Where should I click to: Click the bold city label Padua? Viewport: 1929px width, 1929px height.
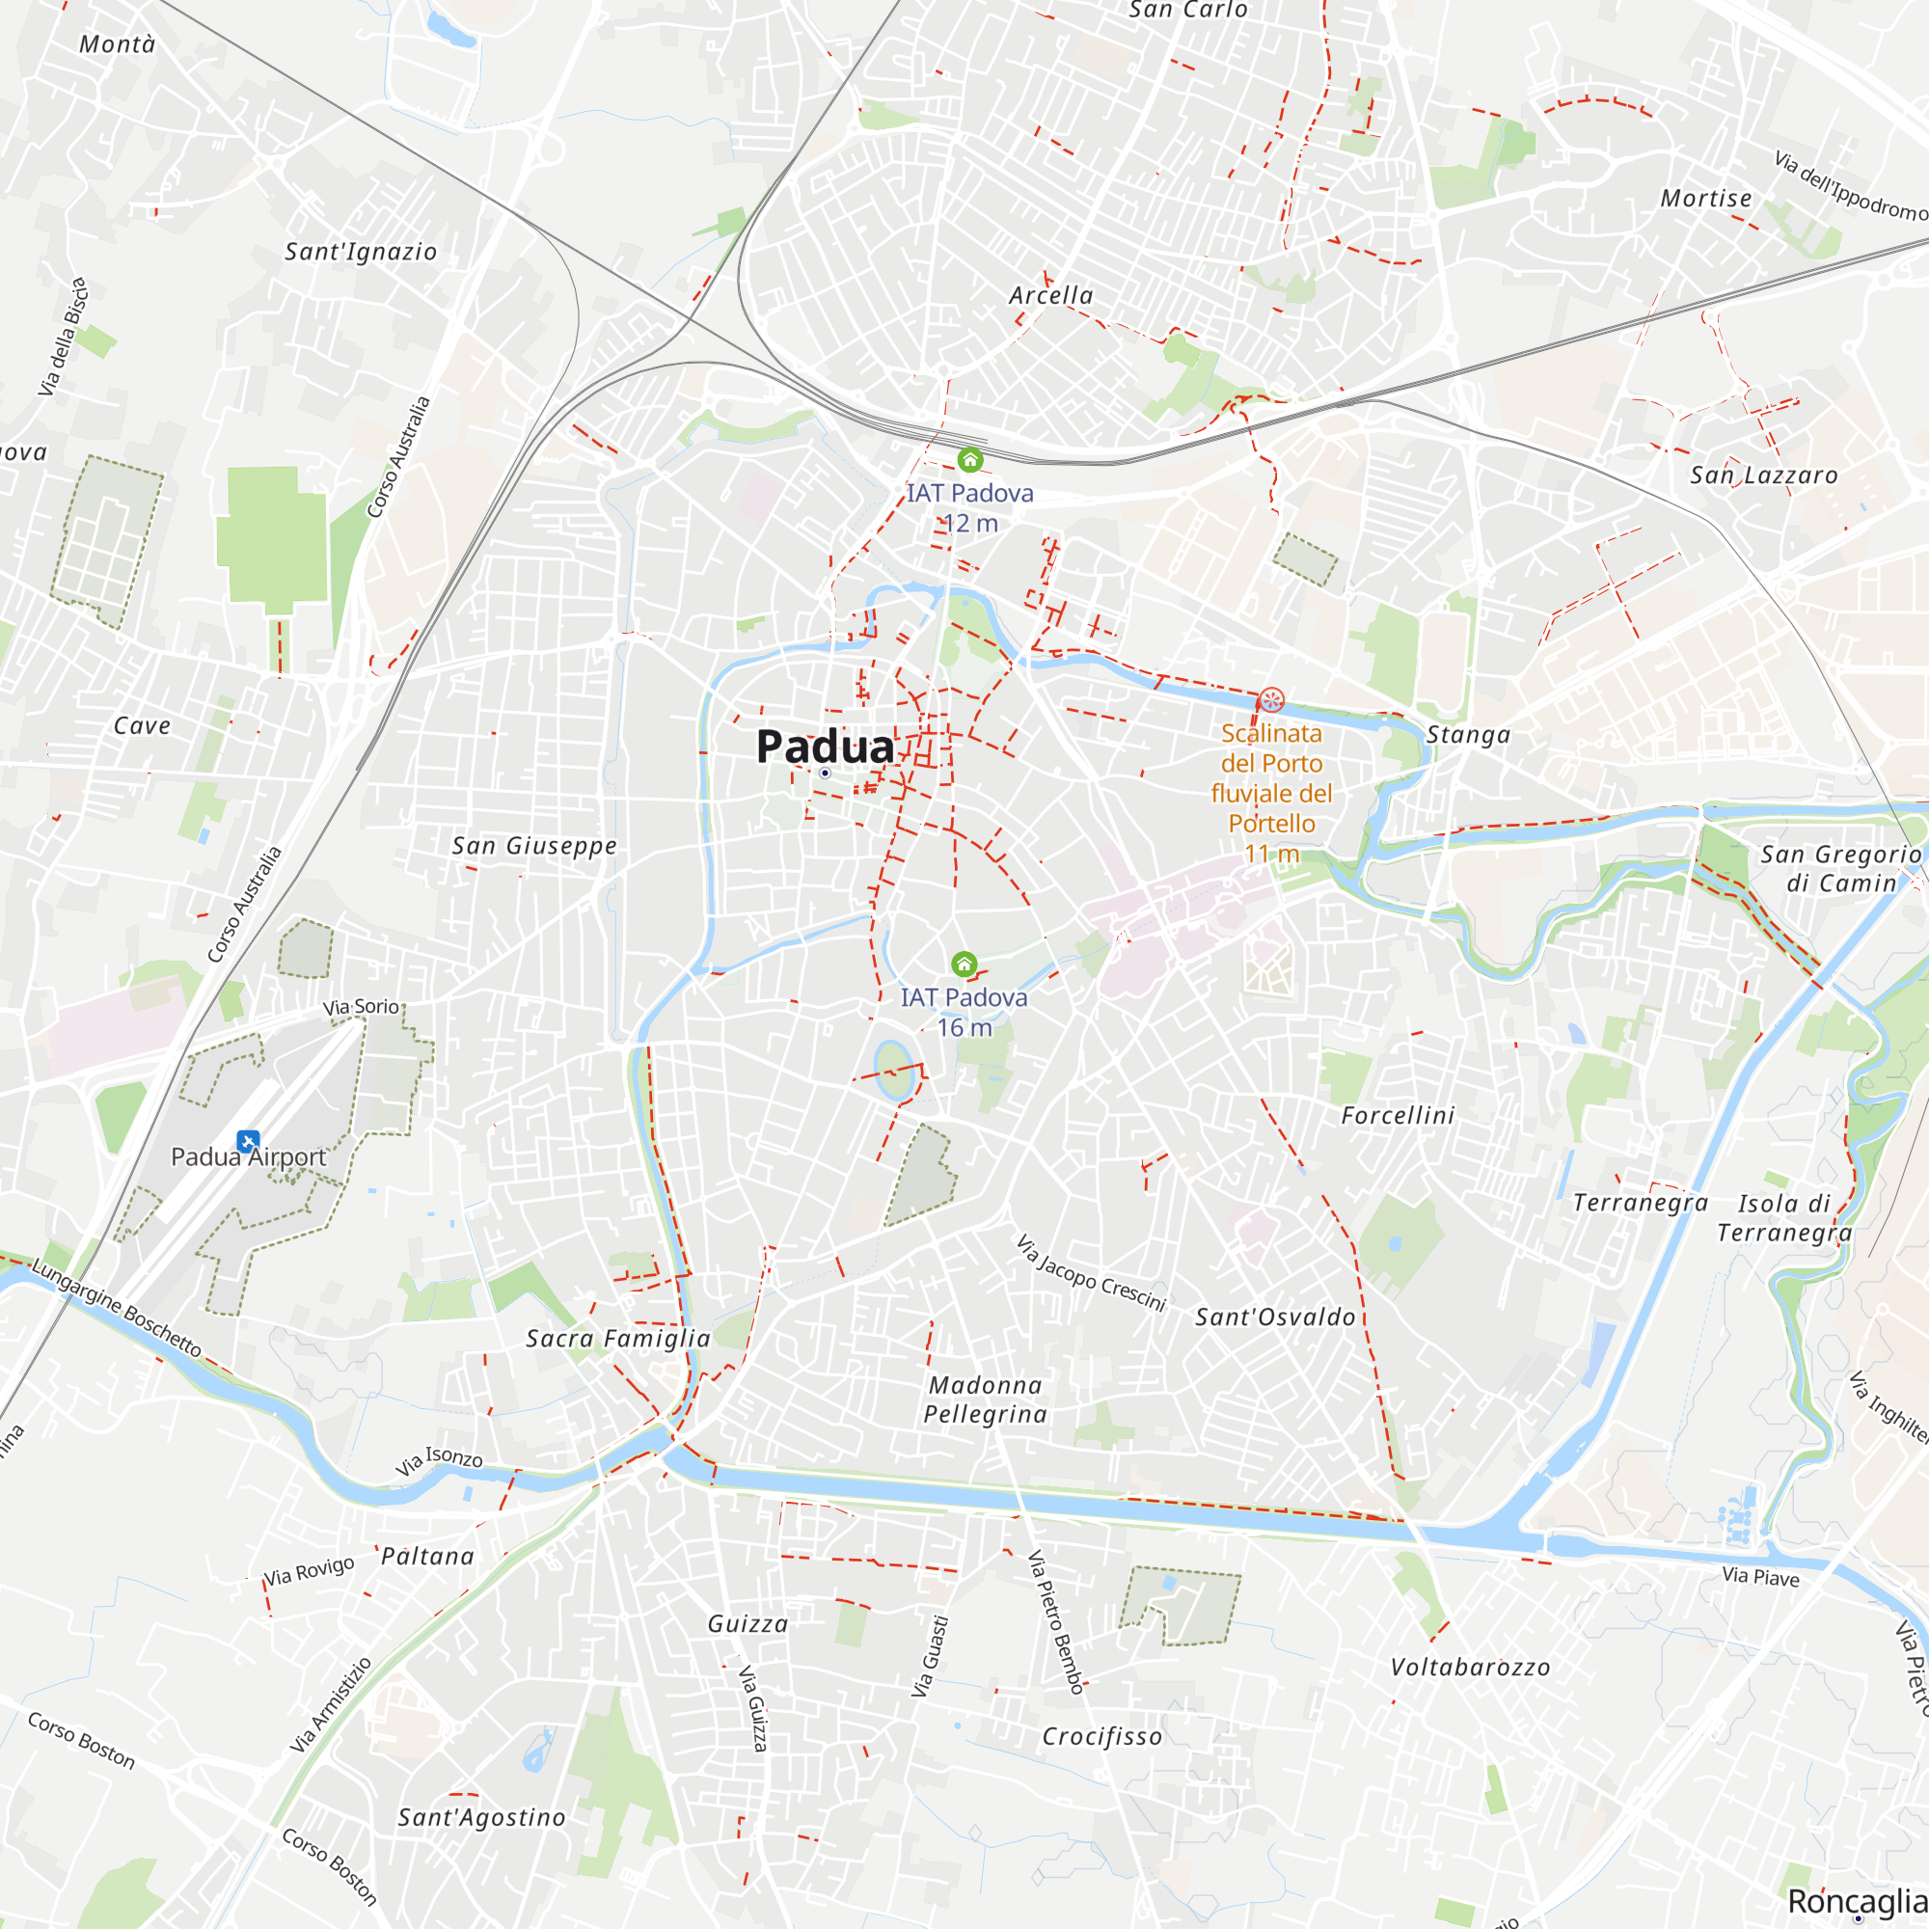(825, 747)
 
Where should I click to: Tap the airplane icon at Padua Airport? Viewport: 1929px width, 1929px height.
(249, 1140)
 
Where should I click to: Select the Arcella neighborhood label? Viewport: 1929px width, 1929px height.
(1050, 295)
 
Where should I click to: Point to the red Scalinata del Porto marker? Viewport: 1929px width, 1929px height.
(1271, 700)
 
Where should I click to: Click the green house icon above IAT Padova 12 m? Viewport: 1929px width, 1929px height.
(969, 460)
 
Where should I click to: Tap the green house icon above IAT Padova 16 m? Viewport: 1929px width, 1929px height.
(964, 964)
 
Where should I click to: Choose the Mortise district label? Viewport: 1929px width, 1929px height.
(1705, 199)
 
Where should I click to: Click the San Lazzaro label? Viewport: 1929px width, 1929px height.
(1763, 475)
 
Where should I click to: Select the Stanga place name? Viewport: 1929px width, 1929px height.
(1468, 735)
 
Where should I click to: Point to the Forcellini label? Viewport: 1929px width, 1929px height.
(1398, 1115)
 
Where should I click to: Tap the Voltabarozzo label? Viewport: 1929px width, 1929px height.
(1471, 1668)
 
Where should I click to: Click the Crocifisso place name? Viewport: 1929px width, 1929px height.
(1102, 1736)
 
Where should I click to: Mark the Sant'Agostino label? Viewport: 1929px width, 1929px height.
(481, 1817)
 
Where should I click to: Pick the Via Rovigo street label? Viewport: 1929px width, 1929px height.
(309, 1570)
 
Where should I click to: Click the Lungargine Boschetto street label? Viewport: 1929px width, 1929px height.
(116, 1308)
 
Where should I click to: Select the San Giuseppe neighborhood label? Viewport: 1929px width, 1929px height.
(534, 846)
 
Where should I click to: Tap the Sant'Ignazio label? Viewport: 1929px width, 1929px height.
(361, 252)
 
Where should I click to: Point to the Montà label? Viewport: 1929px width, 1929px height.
(117, 44)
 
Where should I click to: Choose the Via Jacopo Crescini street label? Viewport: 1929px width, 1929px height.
(1090, 1273)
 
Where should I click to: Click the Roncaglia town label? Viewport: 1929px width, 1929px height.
(1856, 1901)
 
